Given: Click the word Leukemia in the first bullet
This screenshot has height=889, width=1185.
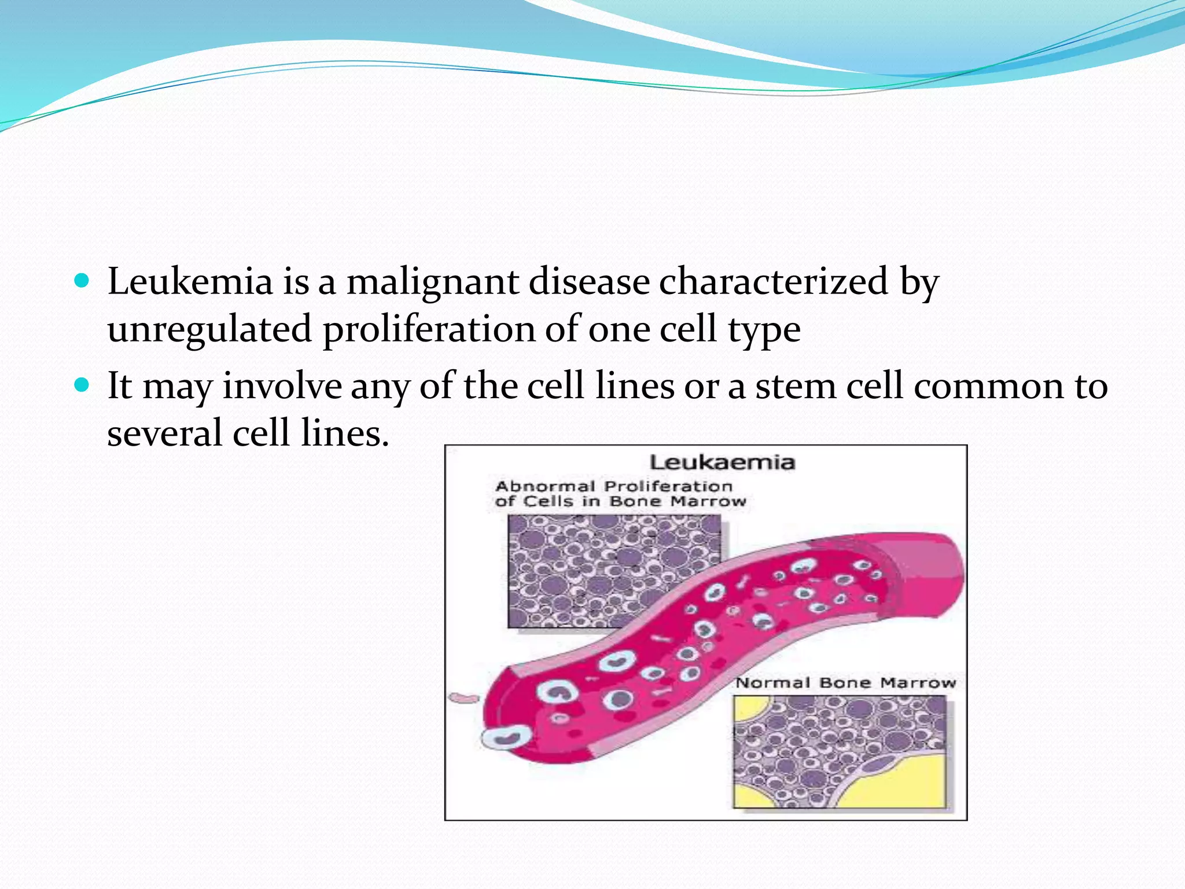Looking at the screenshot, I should point(190,282).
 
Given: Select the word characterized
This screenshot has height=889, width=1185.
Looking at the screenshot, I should point(773,282).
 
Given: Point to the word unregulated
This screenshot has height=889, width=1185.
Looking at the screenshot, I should point(209,329).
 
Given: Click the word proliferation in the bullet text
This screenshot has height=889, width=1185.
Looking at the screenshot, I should point(428,329).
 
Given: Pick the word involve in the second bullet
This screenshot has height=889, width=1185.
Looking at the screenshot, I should point(282,386).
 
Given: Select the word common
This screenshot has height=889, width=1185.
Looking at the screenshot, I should point(988,386).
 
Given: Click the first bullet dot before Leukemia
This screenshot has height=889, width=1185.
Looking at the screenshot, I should point(82,282).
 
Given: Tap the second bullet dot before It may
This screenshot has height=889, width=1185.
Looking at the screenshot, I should point(82,385).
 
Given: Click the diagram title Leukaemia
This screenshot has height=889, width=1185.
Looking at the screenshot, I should point(722,462).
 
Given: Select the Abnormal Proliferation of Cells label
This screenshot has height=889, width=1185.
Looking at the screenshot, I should point(619,494).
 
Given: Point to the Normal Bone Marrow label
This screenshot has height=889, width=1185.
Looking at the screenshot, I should point(845,683).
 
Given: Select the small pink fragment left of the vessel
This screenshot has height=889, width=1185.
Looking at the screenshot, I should point(463,698).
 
